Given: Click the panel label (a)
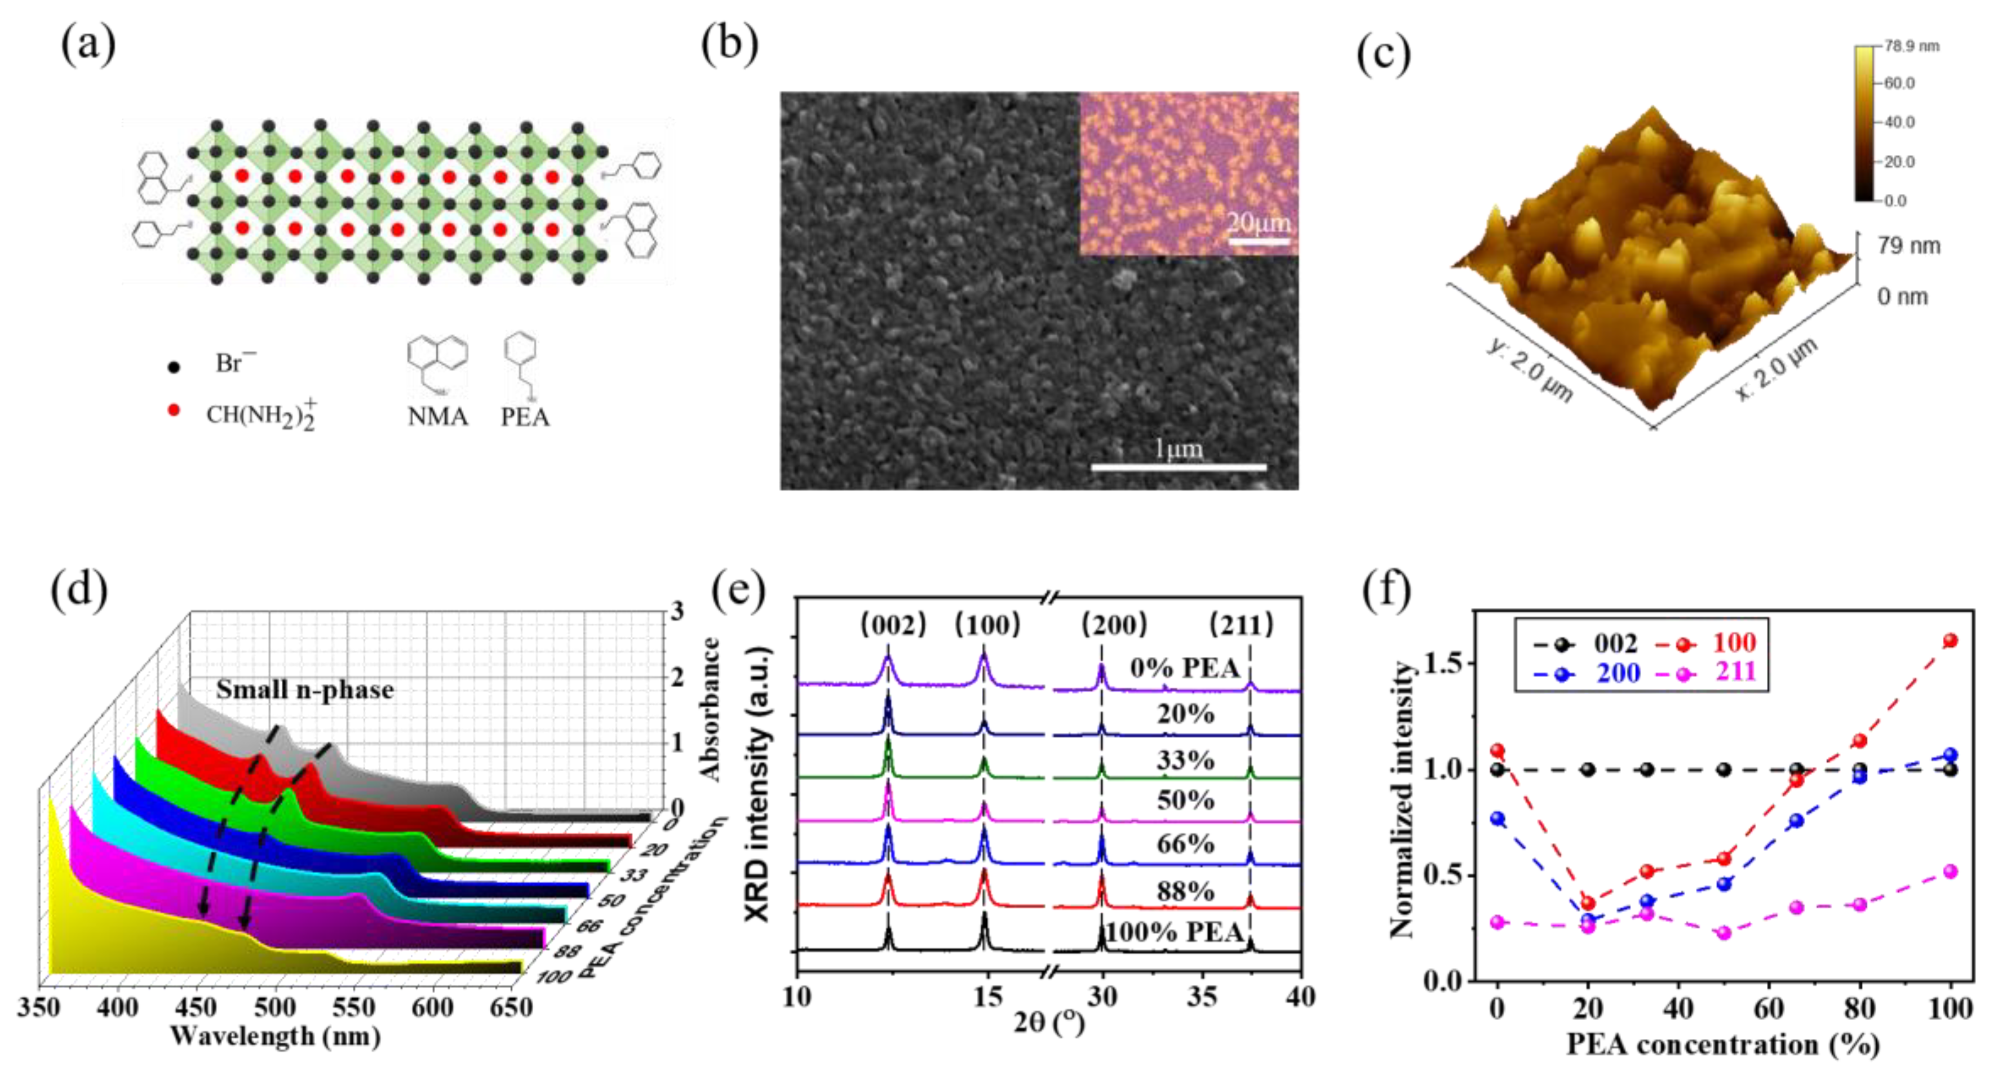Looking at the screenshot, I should [x=88, y=45].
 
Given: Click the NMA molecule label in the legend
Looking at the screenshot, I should [x=437, y=416].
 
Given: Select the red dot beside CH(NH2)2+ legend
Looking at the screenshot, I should [x=174, y=410].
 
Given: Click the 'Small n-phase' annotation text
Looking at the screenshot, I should [x=305, y=689].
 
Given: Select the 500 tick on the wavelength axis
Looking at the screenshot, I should [x=276, y=1008].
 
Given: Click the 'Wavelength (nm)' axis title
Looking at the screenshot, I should [x=276, y=1037].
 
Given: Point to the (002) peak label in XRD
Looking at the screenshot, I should [x=893, y=624].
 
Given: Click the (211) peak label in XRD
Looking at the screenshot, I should [x=1241, y=624].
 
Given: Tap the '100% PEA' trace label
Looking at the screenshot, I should [x=1175, y=932].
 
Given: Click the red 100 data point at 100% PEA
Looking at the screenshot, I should [x=1950, y=641].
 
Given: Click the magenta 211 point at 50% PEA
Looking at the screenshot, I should [x=1724, y=932].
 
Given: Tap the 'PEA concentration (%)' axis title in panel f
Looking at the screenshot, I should [x=1722, y=1044].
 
